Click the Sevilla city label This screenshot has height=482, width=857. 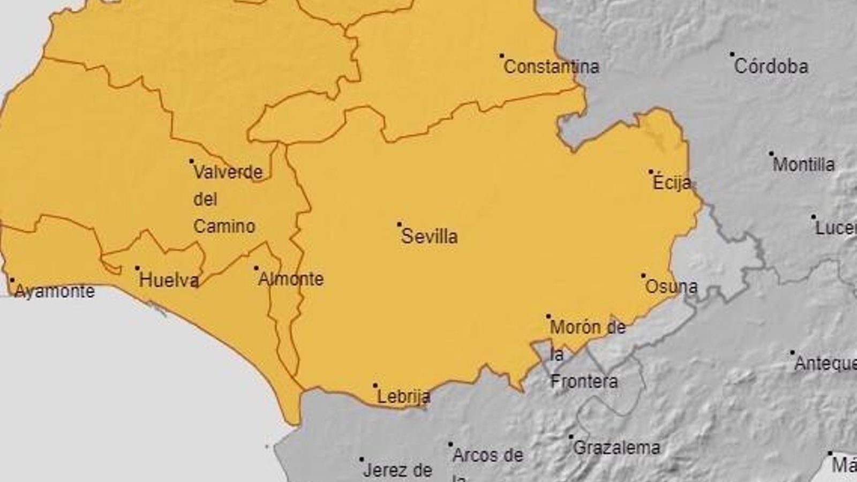pos(430,237)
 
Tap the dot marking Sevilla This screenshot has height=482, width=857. pos(399,224)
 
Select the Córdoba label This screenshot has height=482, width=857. pos(771,67)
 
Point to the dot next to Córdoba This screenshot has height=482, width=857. pos(732,55)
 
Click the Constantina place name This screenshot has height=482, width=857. pos(552,67)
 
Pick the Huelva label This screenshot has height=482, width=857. pos(169,280)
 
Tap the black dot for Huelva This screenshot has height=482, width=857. pos(137,268)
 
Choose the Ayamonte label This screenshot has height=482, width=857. pos(54,292)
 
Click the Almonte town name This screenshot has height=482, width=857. pos(291,280)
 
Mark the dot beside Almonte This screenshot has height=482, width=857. pos(256,268)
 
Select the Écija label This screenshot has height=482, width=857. pos(672,183)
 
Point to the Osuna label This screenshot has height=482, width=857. pos(671,287)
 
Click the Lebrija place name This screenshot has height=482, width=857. pos(404,397)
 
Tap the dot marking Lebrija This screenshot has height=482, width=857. pos(375,385)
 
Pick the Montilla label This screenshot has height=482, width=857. pos(803,164)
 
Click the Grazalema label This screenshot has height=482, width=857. pos(617,448)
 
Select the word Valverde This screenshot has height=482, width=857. pos(228,172)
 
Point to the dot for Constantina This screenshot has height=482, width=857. pos(502,55)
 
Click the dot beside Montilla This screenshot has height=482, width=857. pos(771,153)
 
